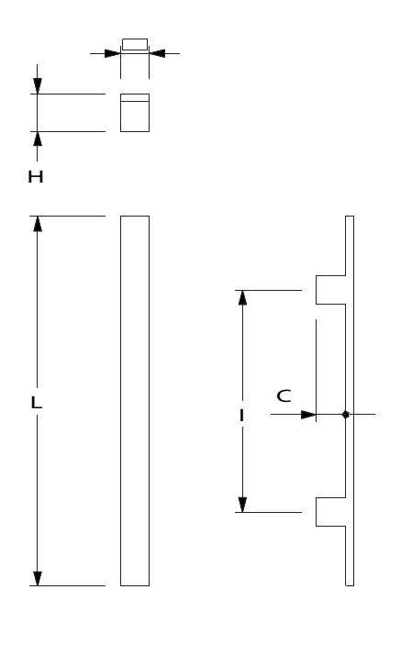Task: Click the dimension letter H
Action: pos(36,177)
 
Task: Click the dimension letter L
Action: pos(36,402)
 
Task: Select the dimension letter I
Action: pos(241,416)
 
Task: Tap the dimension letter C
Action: pos(284,395)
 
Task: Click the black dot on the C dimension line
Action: pos(346,414)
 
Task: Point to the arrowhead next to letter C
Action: pos(308,415)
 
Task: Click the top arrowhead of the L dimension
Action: pos(38,224)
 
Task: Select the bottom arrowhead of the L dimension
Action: pos(38,578)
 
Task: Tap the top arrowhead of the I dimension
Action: pos(242,298)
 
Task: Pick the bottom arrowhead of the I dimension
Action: pos(242,505)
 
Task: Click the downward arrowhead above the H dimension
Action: pos(38,86)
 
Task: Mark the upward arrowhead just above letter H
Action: pos(38,139)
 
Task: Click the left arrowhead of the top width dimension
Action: pos(112,53)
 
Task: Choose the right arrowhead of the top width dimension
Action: pos(157,53)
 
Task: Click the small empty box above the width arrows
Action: pos(135,44)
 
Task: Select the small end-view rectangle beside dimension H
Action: pos(135,113)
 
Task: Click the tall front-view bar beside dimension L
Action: pos(135,401)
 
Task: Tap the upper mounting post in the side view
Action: pos(330,290)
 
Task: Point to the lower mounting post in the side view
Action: pos(330,512)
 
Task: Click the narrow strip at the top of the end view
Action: pos(135,97)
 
